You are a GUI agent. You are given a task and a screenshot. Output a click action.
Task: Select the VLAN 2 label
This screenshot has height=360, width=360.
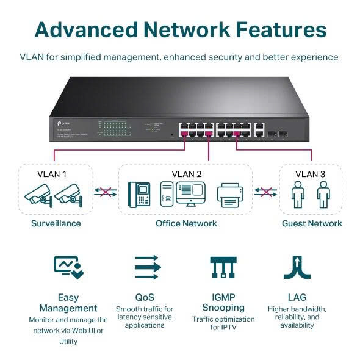point(187,173)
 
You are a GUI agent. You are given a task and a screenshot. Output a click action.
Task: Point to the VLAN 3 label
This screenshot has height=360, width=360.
point(310,173)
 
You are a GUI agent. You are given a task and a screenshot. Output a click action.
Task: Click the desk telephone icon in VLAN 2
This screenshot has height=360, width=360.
point(139,193)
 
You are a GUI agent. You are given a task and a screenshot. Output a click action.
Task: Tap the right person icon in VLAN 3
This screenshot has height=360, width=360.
point(323,195)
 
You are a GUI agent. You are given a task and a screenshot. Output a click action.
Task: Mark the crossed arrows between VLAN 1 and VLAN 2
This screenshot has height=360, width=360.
point(105,192)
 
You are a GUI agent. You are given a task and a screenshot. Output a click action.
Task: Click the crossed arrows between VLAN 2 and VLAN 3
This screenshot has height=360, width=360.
point(266,192)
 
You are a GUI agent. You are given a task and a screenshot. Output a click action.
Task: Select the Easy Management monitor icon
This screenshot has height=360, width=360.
point(68,267)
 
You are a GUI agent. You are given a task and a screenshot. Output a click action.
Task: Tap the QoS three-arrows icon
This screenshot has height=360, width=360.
point(146,267)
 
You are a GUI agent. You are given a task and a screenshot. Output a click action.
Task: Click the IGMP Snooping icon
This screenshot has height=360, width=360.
point(223,267)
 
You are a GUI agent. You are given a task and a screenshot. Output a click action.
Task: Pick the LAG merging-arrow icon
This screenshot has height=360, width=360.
point(298,267)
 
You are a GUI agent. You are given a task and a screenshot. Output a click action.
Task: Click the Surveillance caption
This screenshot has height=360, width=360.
point(56,223)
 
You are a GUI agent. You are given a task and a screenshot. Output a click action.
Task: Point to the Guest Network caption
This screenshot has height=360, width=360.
point(312,223)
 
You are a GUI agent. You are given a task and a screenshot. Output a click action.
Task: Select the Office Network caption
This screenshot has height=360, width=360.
point(186,223)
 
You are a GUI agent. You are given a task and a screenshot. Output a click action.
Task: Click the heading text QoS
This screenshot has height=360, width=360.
point(145,297)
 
